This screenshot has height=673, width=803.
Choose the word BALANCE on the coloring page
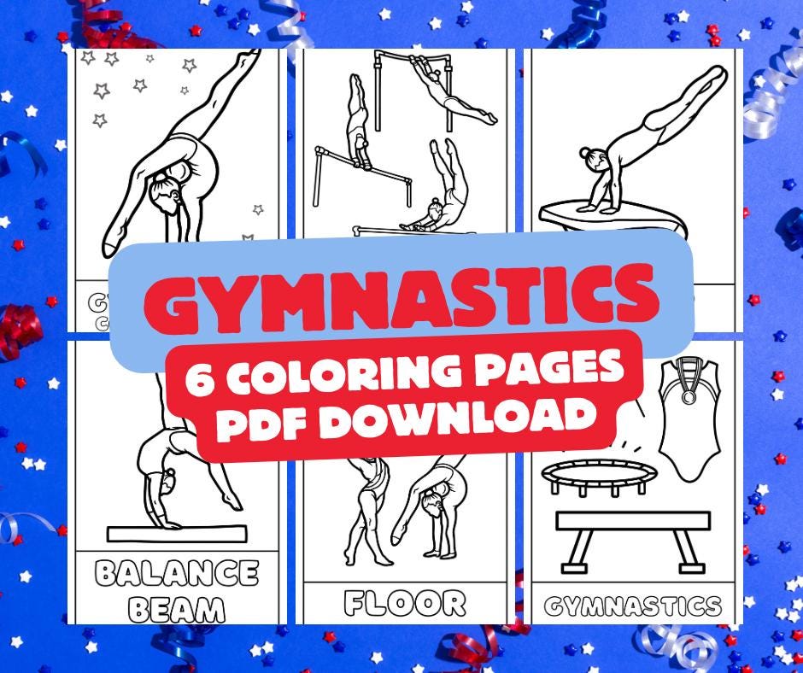176,573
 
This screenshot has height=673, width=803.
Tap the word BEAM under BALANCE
176,609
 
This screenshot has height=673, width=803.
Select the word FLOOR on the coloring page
405,604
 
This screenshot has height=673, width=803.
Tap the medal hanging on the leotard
689,395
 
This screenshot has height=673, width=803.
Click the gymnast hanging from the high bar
449,96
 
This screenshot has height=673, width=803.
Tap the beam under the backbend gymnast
176,534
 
